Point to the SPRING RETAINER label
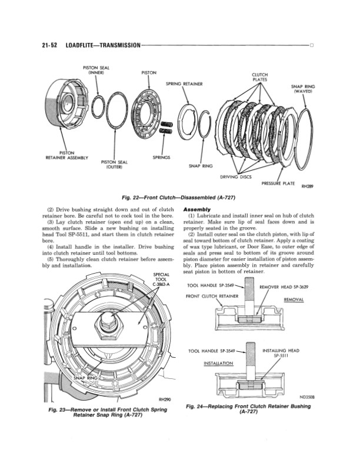click(x=184, y=83)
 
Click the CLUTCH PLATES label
click(x=260, y=77)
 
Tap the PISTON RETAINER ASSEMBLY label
click(x=66, y=155)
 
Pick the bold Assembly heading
click(x=196, y=209)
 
